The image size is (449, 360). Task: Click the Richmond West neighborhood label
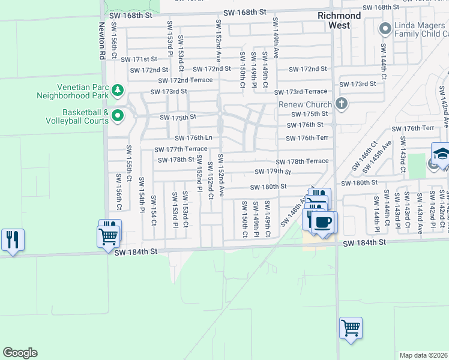[x=340, y=20]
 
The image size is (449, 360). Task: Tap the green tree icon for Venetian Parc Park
[x=118, y=91]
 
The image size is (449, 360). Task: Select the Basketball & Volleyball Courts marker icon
[x=118, y=116]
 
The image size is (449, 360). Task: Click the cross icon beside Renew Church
[x=342, y=104]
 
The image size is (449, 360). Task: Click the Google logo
[x=20, y=353]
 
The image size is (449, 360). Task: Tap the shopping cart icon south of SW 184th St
[x=351, y=328]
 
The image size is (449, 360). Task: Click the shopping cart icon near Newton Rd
[x=109, y=236]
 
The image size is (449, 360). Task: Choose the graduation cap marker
[x=441, y=154]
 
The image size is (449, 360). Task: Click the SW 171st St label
[x=139, y=59]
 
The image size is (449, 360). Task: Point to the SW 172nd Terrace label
[x=185, y=80]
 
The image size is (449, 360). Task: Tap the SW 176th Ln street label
[x=193, y=138]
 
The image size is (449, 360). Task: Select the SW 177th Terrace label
[x=181, y=149]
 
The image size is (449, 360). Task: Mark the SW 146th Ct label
[x=369, y=153]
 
